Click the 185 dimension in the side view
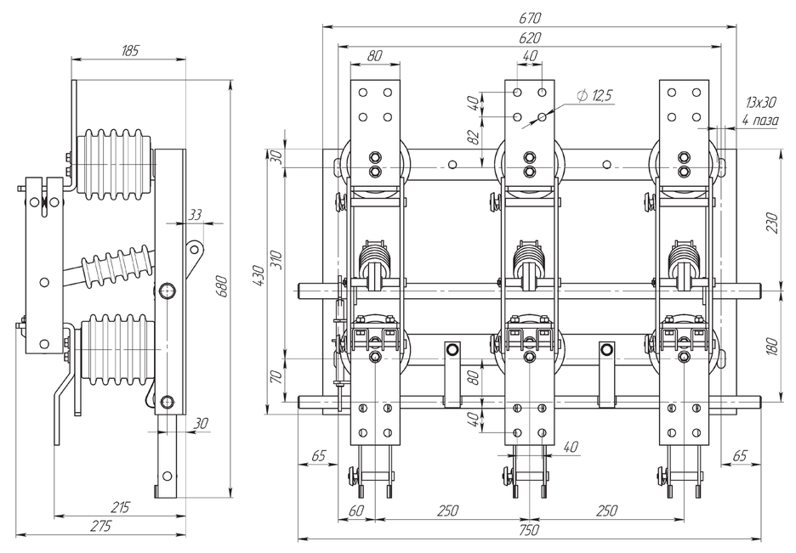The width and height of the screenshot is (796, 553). click(x=129, y=51)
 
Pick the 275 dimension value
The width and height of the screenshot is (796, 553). click(x=100, y=527)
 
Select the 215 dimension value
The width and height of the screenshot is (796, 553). click(x=120, y=507)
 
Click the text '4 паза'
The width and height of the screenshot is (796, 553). click(x=759, y=120)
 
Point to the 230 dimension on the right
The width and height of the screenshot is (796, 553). click(x=771, y=222)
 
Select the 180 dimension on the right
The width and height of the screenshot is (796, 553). click(x=771, y=347)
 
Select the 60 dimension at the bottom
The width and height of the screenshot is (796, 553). click(x=355, y=511)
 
